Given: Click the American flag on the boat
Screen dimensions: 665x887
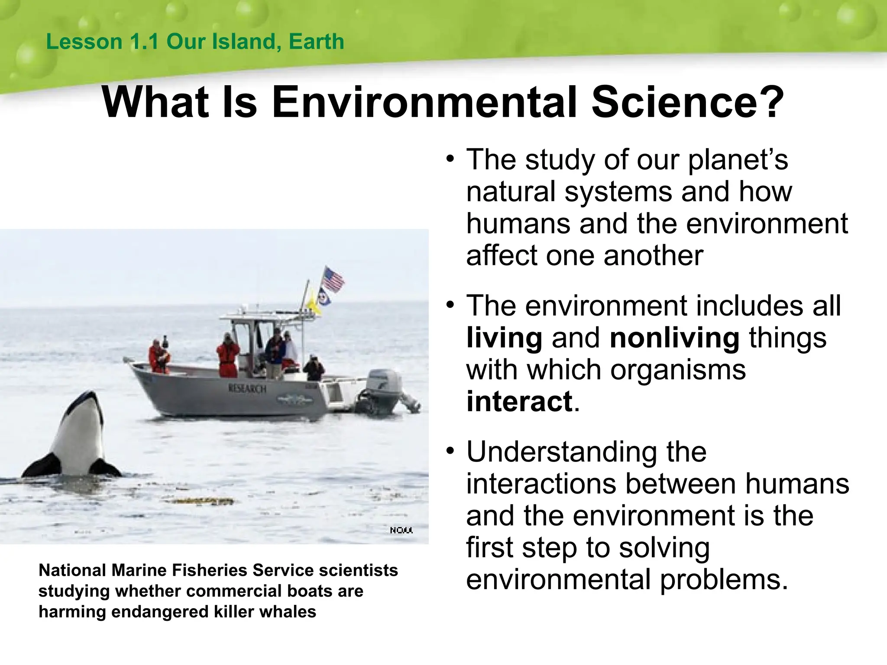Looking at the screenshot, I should click(x=333, y=280).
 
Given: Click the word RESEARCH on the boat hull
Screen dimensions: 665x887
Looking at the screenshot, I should click(x=247, y=388).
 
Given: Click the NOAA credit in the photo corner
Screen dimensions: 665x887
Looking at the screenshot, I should click(x=401, y=530).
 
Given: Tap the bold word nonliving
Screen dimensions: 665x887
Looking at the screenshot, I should click(x=674, y=338).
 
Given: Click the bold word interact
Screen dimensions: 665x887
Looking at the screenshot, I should click(x=519, y=402).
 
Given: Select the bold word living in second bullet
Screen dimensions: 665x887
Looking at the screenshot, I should click(x=504, y=338).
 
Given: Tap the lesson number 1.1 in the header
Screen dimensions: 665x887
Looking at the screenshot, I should click(x=144, y=42).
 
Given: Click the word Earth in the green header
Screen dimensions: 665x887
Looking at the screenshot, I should click(x=316, y=42).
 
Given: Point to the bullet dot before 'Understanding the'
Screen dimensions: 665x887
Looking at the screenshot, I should click(x=450, y=451).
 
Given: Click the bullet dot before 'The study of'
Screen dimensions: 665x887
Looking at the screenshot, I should click(x=450, y=159).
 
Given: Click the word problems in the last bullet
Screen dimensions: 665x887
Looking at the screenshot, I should click(x=723, y=580).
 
